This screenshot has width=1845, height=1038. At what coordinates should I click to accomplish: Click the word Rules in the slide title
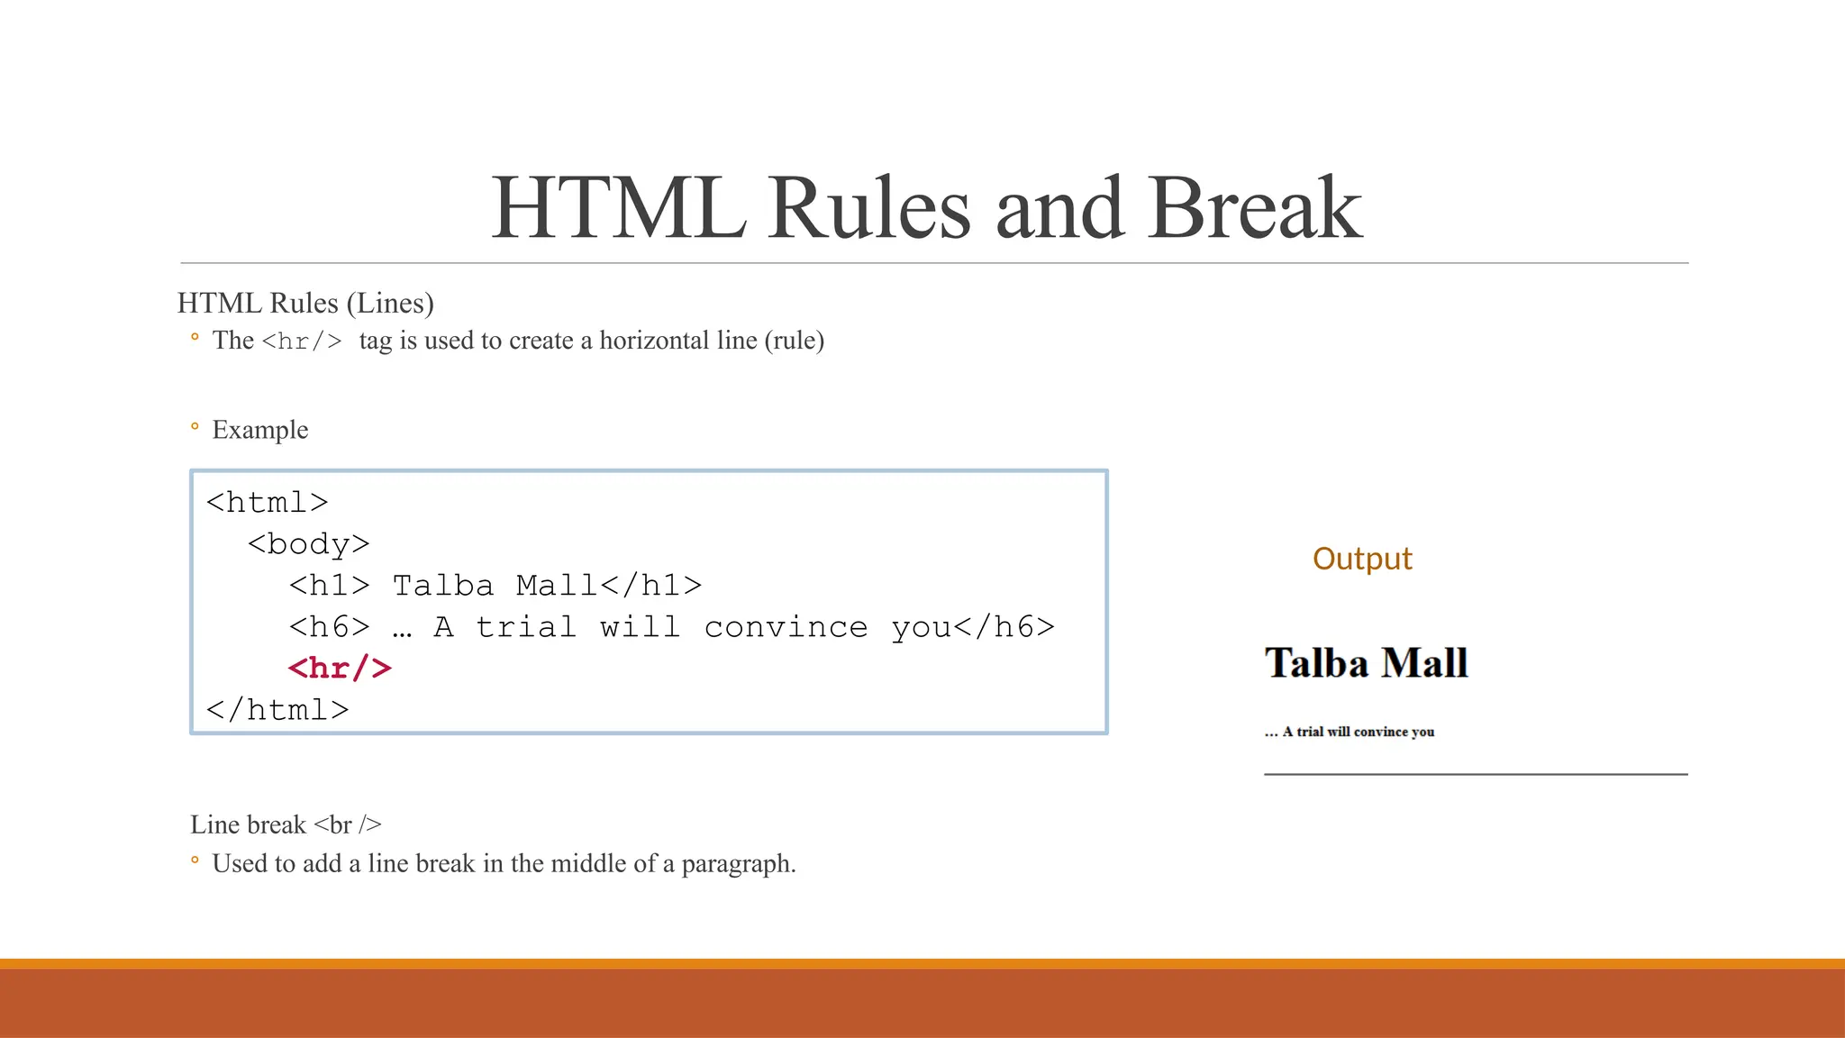tap(868, 209)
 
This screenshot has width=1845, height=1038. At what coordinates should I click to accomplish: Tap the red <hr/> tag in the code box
tap(340, 669)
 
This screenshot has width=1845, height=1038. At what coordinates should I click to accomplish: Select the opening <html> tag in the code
tap(267, 503)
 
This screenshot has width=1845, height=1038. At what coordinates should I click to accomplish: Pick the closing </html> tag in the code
tap(277, 710)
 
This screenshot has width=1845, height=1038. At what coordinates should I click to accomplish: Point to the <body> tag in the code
tap(308, 544)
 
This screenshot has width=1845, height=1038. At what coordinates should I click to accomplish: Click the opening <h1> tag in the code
tap(329, 586)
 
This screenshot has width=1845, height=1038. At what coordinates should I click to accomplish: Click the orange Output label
tap(1362, 559)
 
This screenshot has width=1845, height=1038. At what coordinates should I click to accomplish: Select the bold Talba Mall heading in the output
tap(1366, 663)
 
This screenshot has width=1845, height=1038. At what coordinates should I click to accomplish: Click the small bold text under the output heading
tap(1349, 732)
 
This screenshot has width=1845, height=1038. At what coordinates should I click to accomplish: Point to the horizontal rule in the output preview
tap(1476, 774)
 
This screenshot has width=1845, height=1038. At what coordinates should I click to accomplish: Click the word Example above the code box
tap(260, 430)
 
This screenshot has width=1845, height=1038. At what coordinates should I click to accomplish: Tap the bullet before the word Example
tap(195, 426)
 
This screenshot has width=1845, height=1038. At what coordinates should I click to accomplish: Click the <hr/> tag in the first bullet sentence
tap(302, 341)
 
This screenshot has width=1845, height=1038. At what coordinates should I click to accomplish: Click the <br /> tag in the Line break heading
tap(347, 824)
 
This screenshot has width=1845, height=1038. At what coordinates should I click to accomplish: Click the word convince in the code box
tap(786, 627)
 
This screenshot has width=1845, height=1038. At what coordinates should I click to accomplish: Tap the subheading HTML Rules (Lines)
tap(305, 303)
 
